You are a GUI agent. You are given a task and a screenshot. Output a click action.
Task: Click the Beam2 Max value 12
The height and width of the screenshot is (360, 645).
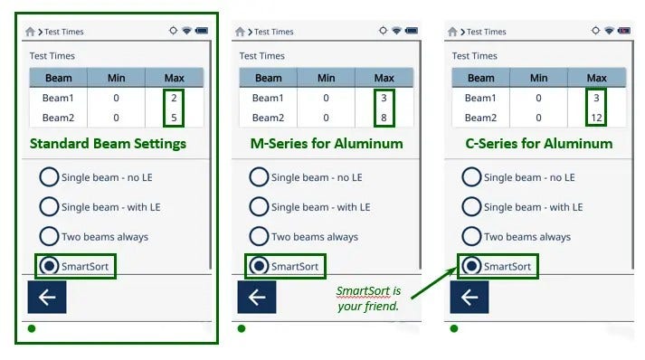click(x=596, y=118)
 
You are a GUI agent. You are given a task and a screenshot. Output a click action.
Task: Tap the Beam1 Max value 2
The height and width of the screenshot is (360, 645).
click(x=174, y=98)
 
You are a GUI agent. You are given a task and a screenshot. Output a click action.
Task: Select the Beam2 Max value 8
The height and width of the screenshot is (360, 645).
click(x=384, y=118)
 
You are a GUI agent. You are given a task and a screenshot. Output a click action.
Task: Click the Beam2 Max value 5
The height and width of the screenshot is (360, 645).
click(x=174, y=118)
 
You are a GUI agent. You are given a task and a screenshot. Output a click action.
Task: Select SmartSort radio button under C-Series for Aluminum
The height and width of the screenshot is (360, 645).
click(x=471, y=266)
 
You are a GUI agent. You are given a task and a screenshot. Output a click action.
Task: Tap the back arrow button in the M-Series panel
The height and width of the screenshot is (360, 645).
click(x=257, y=297)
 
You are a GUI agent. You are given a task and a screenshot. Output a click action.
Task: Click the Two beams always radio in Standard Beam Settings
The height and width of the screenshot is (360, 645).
click(x=49, y=237)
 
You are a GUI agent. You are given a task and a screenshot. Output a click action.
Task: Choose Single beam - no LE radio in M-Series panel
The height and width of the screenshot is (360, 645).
click(x=259, y=177)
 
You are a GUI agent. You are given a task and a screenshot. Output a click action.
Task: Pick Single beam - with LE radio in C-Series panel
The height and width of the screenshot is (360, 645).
click(x=471, y=207)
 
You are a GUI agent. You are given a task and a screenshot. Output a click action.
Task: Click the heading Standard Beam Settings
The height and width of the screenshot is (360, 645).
click(x=108, y=144)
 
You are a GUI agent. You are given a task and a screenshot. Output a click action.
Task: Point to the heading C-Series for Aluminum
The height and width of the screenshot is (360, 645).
click(x=539, y=144)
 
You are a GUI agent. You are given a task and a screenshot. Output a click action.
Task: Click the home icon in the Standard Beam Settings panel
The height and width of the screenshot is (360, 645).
click(x=30, y=32)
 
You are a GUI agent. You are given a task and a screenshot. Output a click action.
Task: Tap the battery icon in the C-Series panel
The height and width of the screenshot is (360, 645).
click(x=624, y=31)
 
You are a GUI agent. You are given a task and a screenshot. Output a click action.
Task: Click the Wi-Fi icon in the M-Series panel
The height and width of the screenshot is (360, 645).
click(x=396, y=31)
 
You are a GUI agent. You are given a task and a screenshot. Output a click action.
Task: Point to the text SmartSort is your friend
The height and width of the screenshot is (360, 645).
click(x=368, y=298)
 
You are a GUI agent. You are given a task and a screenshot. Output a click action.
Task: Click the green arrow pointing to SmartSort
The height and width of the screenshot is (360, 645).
click(x=434, y=283)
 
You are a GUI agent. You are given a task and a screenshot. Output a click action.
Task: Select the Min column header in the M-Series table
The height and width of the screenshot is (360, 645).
click(x=327, y=78)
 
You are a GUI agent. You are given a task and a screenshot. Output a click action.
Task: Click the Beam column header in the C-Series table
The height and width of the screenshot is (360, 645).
click(x=481, y=78)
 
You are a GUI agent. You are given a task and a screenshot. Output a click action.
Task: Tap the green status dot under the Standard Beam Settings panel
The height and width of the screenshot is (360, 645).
click(x=32, y=328)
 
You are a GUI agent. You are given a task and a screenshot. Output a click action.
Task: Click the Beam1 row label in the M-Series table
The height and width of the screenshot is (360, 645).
click(x=268, y=98)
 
